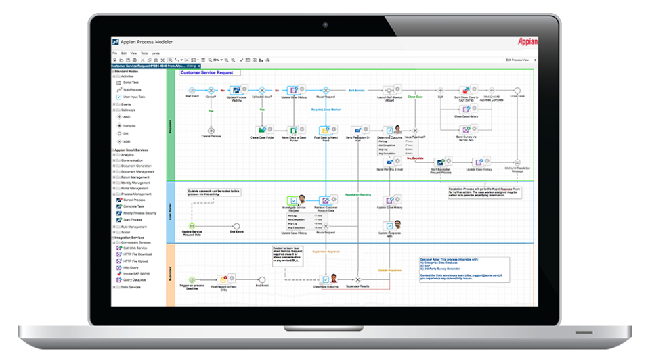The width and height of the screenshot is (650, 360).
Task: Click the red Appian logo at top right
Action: click(x=527, y=41)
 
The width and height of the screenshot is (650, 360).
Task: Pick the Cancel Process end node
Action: click(x=211, y=129)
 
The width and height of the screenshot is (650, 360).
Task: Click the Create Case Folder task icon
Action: click(x=262, y=129)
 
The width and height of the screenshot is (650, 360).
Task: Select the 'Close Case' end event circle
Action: click(x=517, y=90)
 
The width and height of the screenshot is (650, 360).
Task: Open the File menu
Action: click(x=114, y=52)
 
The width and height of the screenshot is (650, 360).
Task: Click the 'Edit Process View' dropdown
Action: click(x=521, y=60)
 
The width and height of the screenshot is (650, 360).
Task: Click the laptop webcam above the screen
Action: click(x=325, y=25)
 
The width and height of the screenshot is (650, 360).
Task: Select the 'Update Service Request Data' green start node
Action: click(x=192, y=226)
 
